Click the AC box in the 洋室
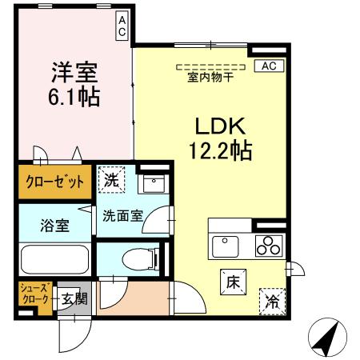122,26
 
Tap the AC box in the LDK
266,67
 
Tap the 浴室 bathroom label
55,225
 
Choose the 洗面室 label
121,215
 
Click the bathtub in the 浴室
54,260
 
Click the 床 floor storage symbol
234,282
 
